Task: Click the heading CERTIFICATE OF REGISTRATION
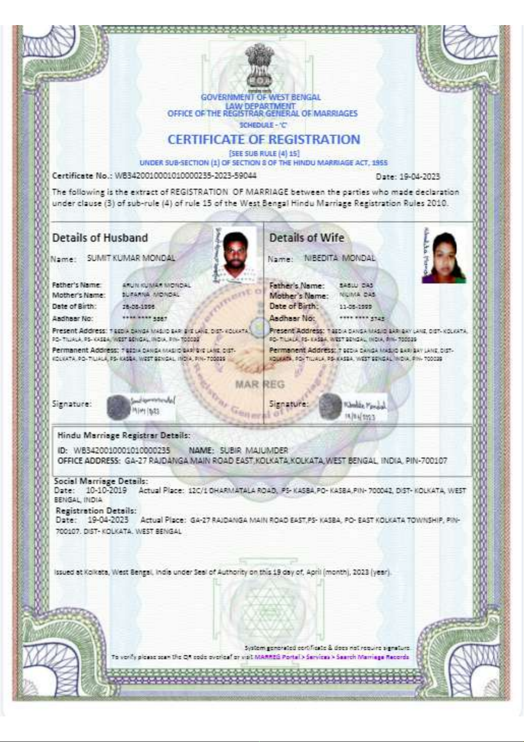[x=264, y=140]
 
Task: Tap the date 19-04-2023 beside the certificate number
[x=419, y=177]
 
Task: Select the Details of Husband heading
[x=100, y=238]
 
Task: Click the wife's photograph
[x=444, y=258]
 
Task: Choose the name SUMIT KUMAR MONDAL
[x=131, y=258]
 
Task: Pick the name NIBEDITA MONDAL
[x=340, y=258]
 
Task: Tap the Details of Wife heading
[x=306, y=238]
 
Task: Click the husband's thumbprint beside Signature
[x=118, y=406]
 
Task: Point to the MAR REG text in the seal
[x=260, y=384]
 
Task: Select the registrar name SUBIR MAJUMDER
[x=254, y=450]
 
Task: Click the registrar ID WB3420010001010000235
[x=121, y=450]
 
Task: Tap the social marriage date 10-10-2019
[x=106, y=490]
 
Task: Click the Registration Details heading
[x=96, y=511]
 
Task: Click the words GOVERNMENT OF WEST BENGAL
[x=260, y=97]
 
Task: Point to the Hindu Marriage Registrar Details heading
[x=124, y=435]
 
